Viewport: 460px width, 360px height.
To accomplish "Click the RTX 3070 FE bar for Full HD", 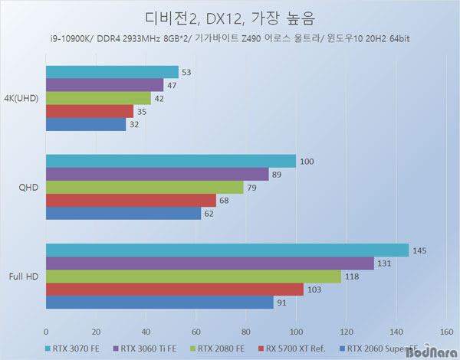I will (x=227, y=250).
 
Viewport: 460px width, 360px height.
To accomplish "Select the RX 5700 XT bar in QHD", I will (x=131, y=200).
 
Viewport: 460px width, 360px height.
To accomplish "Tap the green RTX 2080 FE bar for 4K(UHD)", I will (x=98, y=98).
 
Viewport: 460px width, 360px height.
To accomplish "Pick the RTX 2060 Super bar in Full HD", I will (x=159, y=303).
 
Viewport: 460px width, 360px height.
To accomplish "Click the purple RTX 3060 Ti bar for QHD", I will (x=157, y=174).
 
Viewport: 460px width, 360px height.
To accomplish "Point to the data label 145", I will (x=420, y=250).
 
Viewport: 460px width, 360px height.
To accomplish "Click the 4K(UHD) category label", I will (x=23, y=99).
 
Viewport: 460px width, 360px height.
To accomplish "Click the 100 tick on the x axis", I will (x=296, y=332).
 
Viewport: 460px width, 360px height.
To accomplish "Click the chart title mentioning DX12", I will (x=229, y=17).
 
